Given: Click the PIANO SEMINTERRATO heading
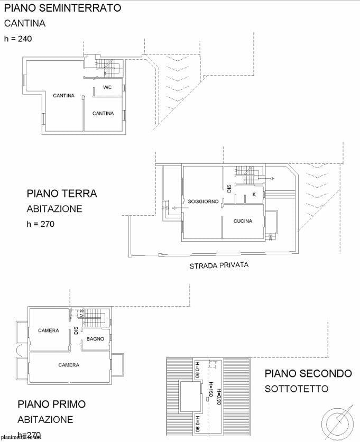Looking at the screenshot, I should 62,8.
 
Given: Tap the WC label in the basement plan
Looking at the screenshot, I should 107,87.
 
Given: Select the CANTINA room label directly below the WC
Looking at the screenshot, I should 103,114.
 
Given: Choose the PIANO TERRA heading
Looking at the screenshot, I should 62,194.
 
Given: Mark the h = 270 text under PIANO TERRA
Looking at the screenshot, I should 41,224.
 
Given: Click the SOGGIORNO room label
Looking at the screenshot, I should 203,201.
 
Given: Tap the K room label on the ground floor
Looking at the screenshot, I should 254,195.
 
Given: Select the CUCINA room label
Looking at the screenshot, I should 243,221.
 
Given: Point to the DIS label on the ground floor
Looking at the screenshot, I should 229,188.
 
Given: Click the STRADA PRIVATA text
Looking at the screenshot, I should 219,265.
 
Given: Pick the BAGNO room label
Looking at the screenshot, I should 95,339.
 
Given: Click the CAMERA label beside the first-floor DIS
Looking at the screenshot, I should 49,330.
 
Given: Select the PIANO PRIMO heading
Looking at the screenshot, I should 51,404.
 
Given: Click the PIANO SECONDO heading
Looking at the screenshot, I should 308,373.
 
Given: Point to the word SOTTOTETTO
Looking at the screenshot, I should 297,389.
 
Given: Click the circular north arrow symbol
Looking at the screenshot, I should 336,422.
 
